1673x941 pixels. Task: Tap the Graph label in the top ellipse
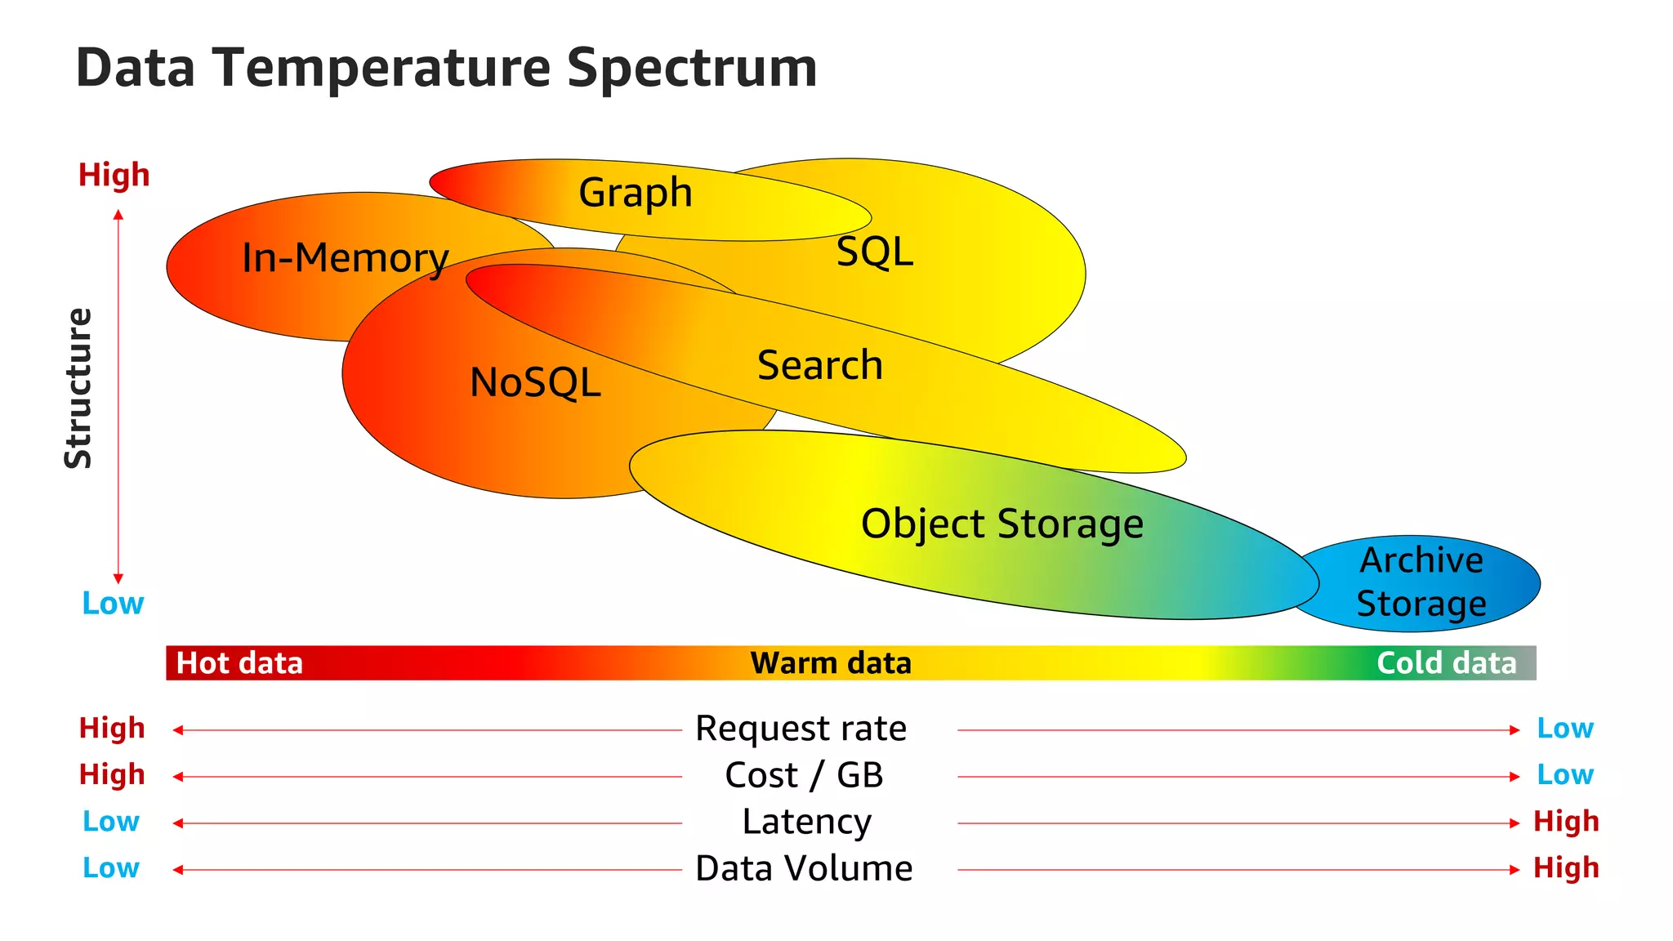(x=635, y=193)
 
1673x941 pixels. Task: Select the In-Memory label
(x=345, y=258)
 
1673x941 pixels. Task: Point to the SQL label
(x=874, y=252)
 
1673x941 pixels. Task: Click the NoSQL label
(x=535, y=382)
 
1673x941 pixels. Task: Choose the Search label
(x=819, y=365)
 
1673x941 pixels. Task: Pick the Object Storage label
(x=1002, y=524)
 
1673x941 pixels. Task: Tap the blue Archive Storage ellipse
(x=1421, y=582)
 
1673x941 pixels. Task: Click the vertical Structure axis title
(x=78, y=388)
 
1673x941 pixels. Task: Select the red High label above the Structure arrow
(x=114, y=175)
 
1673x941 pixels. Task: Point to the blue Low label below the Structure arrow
(x=113, y=603)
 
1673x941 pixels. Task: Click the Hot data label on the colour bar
(x=239, y=663)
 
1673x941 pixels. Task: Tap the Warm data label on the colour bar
(x=830, y=663)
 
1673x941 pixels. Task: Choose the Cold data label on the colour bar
(x=1446, y=663)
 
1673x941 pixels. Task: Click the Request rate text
(x=801, y=729)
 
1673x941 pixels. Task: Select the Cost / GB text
(x=804, y=775)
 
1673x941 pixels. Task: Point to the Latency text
(x=806, y=822)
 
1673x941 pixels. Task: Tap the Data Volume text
(x=804, y=868)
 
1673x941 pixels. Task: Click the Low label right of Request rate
(x=1564, y=728)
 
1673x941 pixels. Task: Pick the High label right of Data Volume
(x=1565, y=867)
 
